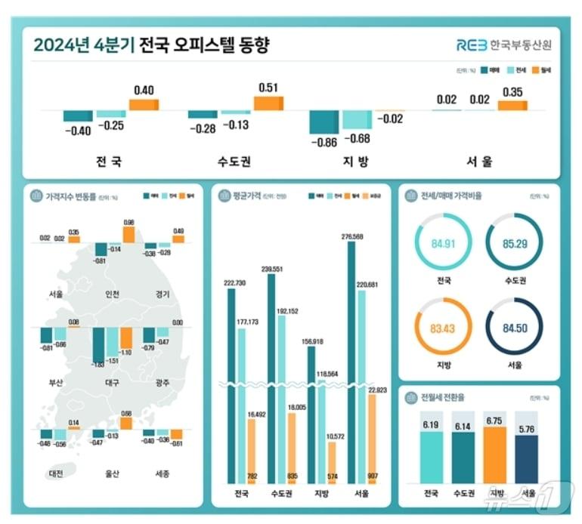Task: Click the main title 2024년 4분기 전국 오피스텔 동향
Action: coord(151,46)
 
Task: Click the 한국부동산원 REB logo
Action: coord(503,45)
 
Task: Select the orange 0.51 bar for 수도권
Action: coord(268,103)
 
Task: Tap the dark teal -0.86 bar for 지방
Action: coord(324,122)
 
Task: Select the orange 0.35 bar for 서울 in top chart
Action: coord(512,105)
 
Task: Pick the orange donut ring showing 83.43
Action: coord(444,331)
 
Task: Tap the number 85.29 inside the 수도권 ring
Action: coord(513,244)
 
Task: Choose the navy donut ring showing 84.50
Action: coord(513,331)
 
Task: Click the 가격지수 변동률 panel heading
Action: coord(71,197)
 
